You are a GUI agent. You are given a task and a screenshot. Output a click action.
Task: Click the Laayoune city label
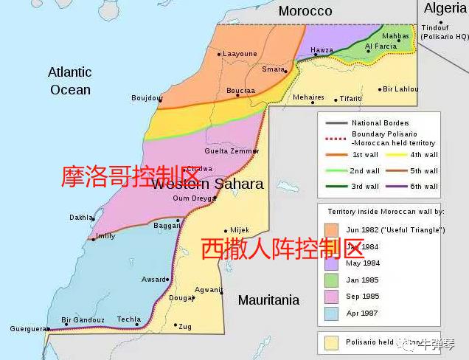[240, 54]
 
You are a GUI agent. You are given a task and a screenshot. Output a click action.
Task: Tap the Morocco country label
[305, 11]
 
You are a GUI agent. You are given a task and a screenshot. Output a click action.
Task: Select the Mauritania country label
[268, 300]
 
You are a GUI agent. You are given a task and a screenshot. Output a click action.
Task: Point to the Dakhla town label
[80, 218]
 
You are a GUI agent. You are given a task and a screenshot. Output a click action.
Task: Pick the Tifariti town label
[351, 99]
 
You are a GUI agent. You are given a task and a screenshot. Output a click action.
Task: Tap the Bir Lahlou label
[400, 89]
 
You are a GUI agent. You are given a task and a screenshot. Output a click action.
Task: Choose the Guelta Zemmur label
[232, 151]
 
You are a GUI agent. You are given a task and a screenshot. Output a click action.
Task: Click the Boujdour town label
[146, 97]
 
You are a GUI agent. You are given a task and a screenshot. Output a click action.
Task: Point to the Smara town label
[273, 69]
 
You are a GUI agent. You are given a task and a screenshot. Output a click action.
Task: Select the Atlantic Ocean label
[70, 81]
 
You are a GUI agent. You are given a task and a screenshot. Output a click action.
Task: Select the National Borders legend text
[381, 122]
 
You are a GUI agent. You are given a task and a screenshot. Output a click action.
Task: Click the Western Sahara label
[207, 184]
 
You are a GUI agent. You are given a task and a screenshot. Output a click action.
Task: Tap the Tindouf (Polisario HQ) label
[445, 32]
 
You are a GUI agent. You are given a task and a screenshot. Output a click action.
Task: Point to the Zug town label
[184, 326]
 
